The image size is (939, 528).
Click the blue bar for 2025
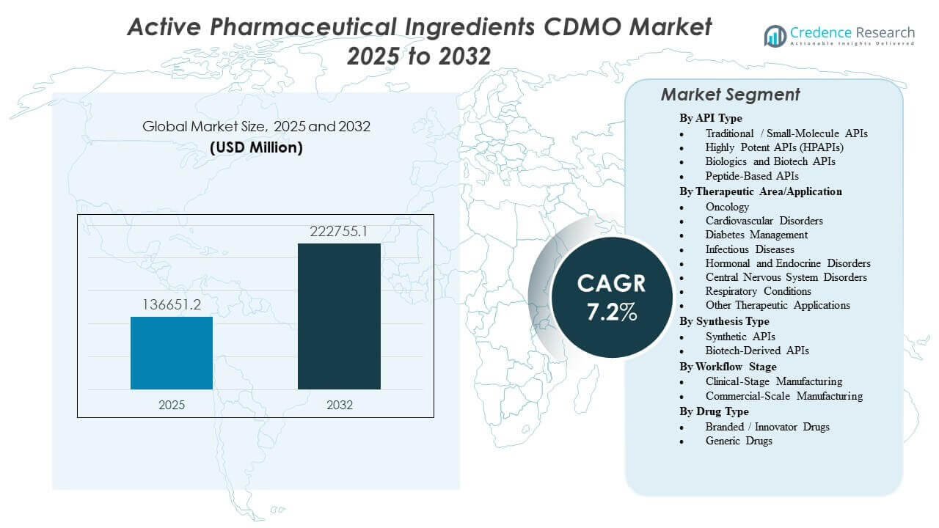click(172, 353)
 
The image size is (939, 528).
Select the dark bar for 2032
click(339, 316)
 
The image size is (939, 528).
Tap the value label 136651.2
click(172, 304)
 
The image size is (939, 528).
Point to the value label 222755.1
click(339, 232)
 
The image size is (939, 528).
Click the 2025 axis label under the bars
click(172, 405)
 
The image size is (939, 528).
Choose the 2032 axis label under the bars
click(339, 405)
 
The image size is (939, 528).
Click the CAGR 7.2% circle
click(611, 297)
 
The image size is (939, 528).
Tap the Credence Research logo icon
click(775, 35)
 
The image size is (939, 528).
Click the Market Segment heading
click(730, 95)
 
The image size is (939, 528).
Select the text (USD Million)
click(256, 147)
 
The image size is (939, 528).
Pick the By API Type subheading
click(710, 118)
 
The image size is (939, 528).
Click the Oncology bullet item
click(727, 207)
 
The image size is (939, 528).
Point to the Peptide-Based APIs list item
click(752, 176)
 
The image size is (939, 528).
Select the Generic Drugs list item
click(739, 441)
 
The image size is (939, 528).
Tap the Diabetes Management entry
click(756, 235)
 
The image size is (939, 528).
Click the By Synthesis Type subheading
click(726, 321)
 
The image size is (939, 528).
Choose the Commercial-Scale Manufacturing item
click(783, 396)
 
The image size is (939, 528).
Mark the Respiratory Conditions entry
click(758, 291)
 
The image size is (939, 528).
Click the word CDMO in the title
click(537, 27)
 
